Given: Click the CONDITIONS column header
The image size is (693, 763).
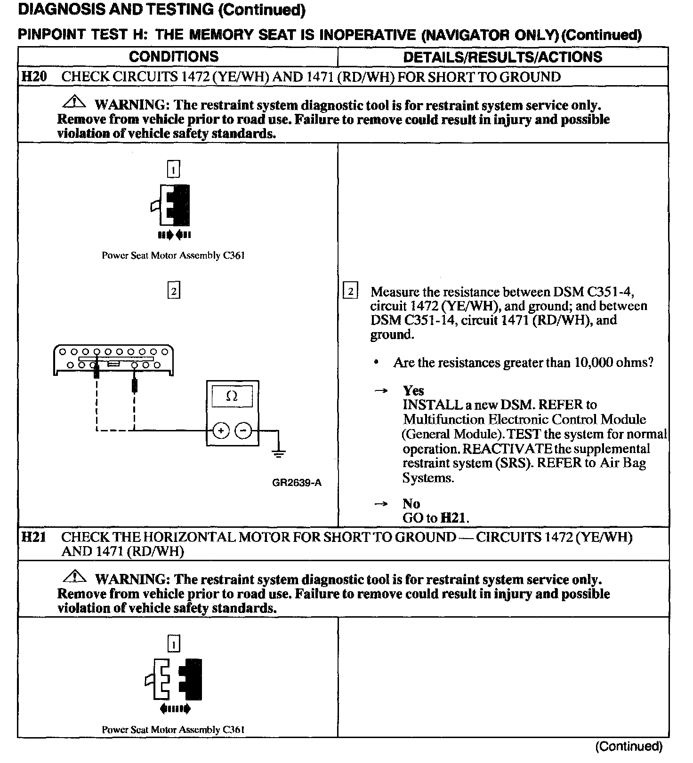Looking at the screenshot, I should tap(174, 56).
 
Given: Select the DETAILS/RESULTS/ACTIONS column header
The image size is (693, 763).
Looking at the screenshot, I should tap(502, 57).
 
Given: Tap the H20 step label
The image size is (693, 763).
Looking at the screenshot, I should tap(34, 76).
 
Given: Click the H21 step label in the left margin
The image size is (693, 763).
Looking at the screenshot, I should tap(34, 537).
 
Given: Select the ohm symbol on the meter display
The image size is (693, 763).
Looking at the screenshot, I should tap(232, 396).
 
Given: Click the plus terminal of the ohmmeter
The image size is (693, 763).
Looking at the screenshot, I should tap(221, 430).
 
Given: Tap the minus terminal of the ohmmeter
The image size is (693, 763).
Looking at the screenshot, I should tap(243, 430).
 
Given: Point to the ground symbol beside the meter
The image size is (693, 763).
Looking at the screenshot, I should tap(279, 453).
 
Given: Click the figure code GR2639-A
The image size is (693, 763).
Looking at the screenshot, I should tap(297, 483).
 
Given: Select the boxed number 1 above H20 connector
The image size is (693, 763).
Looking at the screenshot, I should tap(174, 169).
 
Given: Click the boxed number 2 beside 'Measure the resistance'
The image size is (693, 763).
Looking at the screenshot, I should tap(350, 291).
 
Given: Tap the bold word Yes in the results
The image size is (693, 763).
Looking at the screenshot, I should tap(413, 390).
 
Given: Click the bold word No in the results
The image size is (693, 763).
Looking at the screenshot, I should tap(411, 504).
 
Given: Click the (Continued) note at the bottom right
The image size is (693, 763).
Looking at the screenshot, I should tap(629, 746).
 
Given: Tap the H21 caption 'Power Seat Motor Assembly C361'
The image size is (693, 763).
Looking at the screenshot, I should tap(173, 730).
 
